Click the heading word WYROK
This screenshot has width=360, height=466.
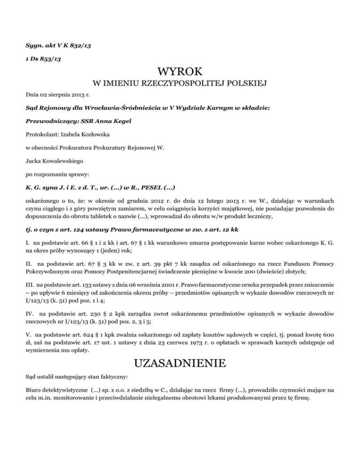180,72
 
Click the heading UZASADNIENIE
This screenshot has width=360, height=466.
180,363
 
